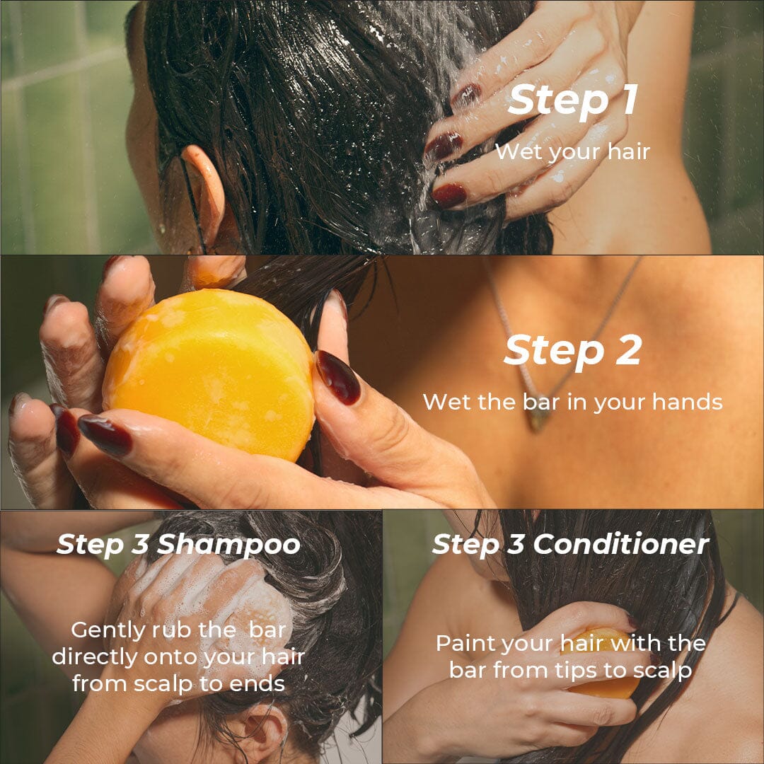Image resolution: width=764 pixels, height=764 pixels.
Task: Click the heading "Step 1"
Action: click(573, 100)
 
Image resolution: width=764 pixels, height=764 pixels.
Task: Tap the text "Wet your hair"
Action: click(572, 151)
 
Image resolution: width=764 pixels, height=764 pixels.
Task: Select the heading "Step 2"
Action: click(573, 350)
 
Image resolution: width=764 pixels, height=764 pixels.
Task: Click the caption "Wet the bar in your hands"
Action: click(572, 402)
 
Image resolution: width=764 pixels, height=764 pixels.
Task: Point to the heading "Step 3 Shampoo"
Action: click(178, 544)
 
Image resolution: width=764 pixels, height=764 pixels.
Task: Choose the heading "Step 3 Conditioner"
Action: click(570, 544)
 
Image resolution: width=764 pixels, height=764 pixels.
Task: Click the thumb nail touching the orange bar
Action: click(337, 377)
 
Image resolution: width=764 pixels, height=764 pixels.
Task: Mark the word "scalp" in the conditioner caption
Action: click(661, 670)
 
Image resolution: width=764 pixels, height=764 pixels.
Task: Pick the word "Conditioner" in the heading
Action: click(620, 544)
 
